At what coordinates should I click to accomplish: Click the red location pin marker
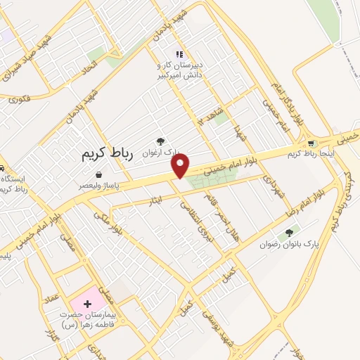pos(181,165)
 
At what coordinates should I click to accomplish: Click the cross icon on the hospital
pos(87,304)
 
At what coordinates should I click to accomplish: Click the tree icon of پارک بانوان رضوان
pos(288,233)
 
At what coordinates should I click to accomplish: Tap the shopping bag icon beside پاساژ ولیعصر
pos(98,174)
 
